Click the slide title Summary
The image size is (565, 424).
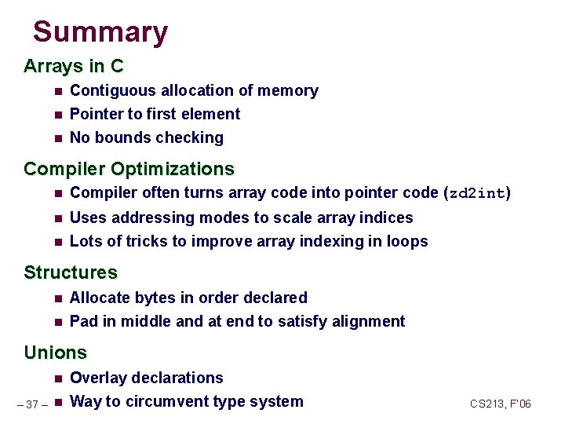pos(100,32)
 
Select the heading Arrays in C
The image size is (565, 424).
pos(74,66)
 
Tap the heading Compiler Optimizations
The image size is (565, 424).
pos(129,169)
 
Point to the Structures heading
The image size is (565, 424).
pos(71,272)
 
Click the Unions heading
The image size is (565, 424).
pos(55,353)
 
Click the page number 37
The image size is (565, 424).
pos(32,404)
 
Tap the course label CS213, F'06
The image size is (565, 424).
pos(501,404)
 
